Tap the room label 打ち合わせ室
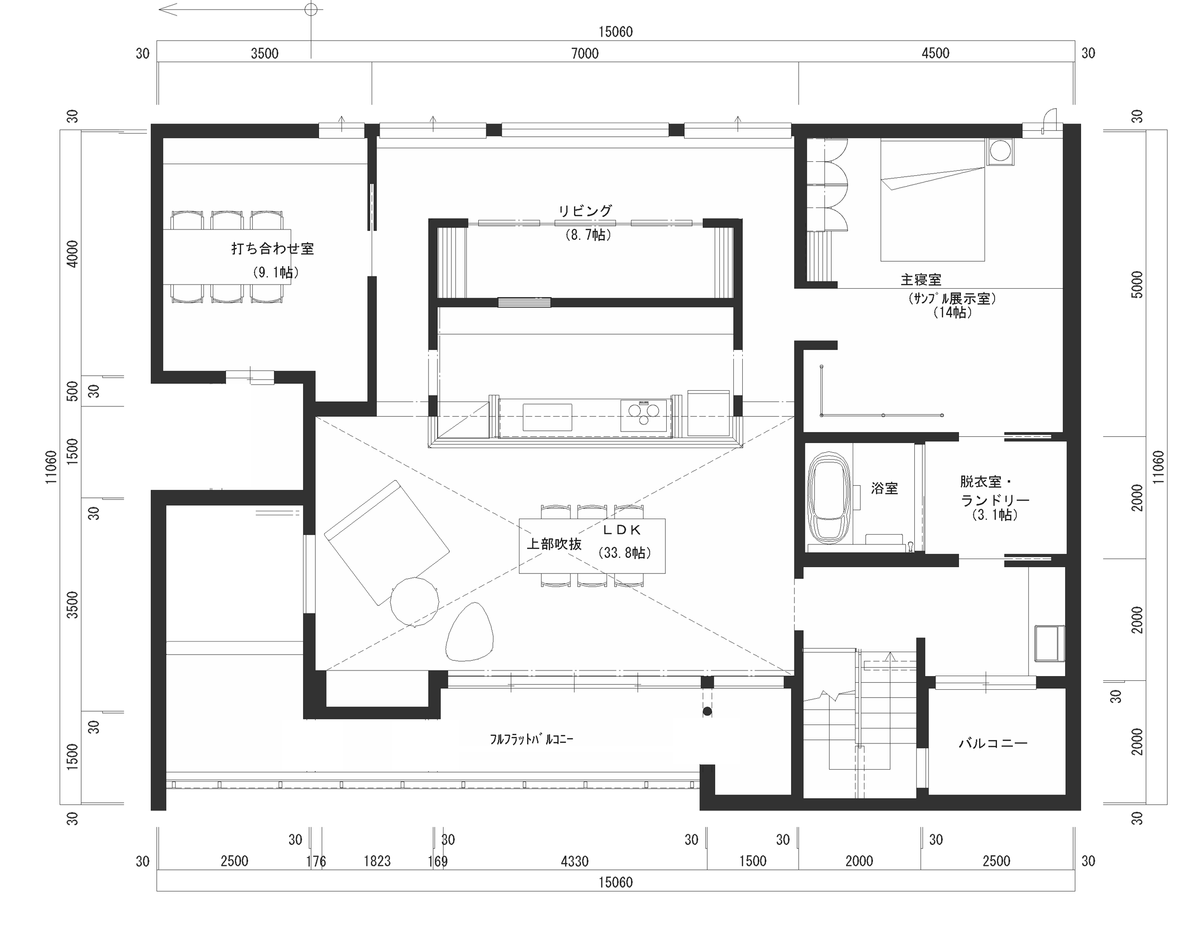click(x=272, y=249)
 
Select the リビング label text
click(x=585, y=211)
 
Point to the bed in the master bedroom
click(x=932, y=200)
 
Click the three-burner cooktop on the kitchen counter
click(x=644, y=415)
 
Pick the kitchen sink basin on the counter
click(x=547, y=417)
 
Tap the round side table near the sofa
click(x=414, y=601)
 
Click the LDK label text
click(x=622, y=529)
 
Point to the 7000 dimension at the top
click(x=585, y=53)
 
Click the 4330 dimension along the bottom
click(x=575, y=861)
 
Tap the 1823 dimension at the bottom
click(x=377, y=861)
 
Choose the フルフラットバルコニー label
click(x=531, y=739)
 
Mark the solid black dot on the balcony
click(x=707, y=711)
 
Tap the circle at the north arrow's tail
click(x=311, y=9)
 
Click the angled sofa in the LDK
click(x=387, y=543)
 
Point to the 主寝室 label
click(x=921, y=280)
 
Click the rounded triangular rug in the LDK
click(x=469, y=632)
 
